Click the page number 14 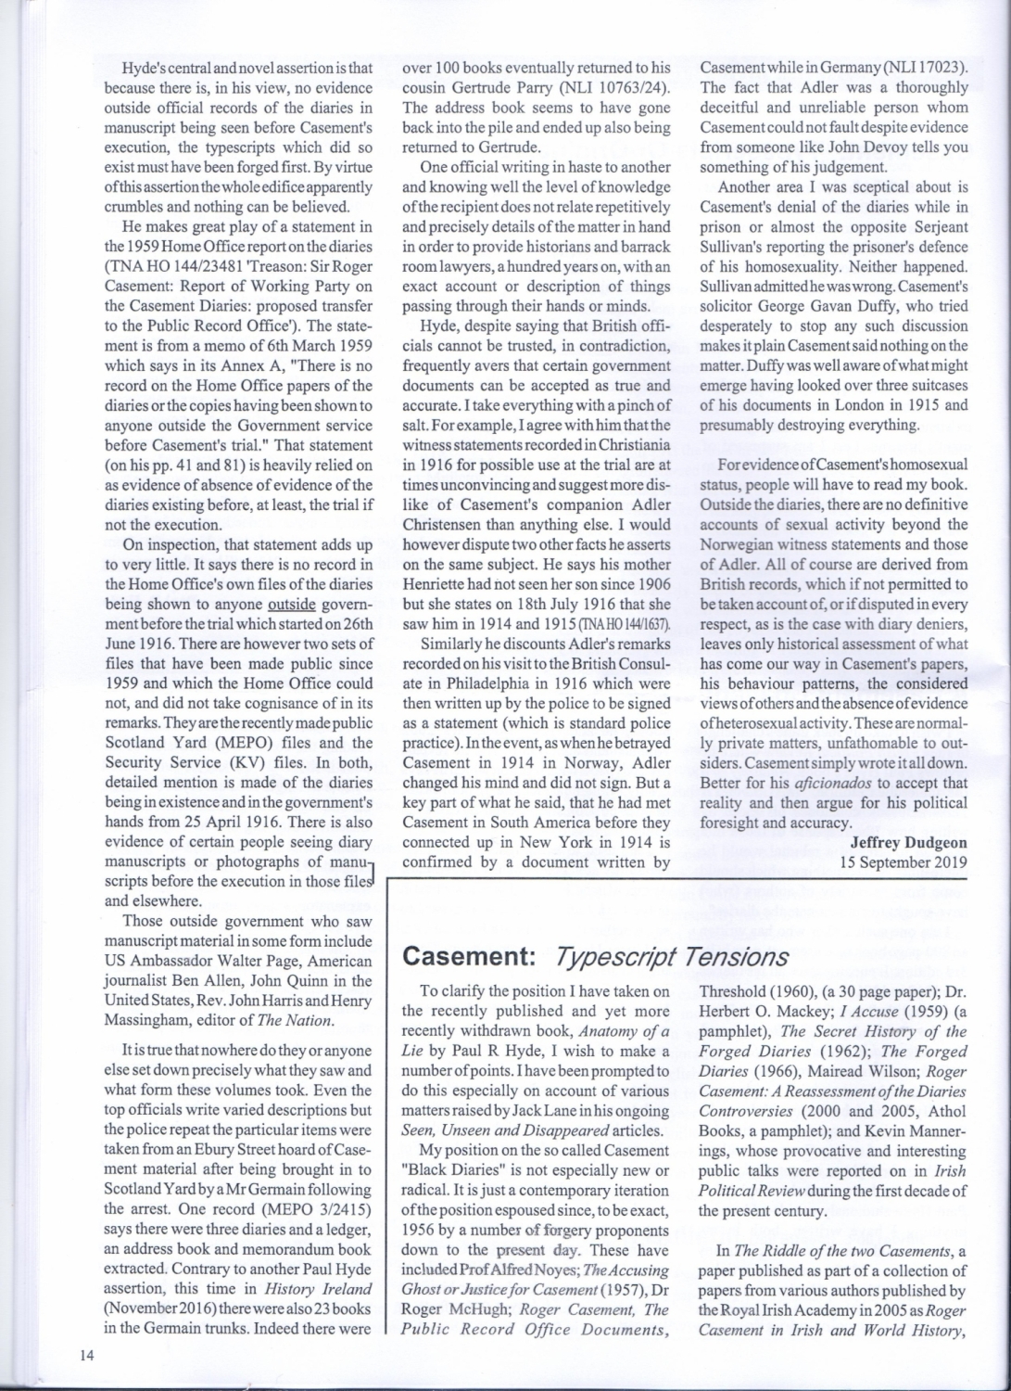pyautogui.click(x=87, y=1355)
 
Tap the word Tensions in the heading pyautogui.click(x=737, y=956)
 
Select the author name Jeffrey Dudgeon pyautogui.click(x=908, y=842)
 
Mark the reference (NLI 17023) pyautogui.click(x=918, y=68)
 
